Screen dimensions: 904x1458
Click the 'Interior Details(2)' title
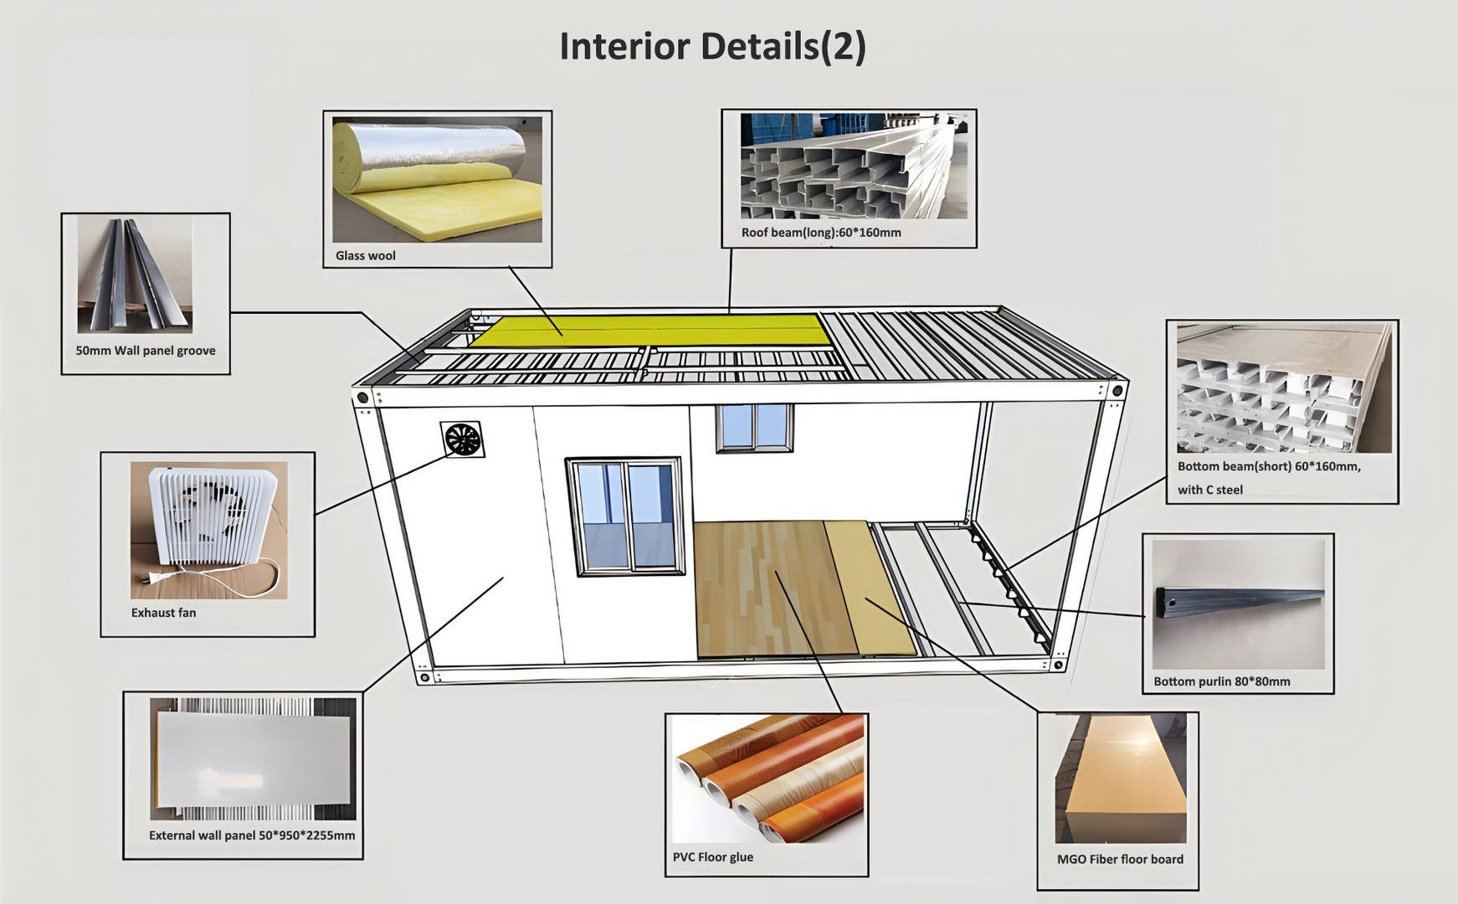click(712, 46)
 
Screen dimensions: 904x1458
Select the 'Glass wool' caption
click(365, 255)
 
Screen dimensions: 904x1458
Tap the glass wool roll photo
click(437, 179)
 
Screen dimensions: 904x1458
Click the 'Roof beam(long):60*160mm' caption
click(821, 232)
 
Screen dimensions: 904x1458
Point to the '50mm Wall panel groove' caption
click(146, 350)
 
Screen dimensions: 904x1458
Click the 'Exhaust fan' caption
click(163, 612)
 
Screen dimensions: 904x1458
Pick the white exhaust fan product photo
click(208, 529)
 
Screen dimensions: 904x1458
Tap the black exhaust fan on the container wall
click(462, 439)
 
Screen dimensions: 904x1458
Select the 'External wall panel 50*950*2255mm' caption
click(252, 835)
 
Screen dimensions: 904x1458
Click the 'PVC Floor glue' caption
click(712, 856)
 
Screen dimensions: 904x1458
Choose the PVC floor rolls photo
click(768, 778)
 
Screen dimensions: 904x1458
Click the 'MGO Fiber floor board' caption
click(1120, 859)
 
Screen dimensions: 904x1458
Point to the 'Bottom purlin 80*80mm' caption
click(1221, 681)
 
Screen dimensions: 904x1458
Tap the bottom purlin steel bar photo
click(1238, 604)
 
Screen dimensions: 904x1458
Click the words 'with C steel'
click(1209, 490)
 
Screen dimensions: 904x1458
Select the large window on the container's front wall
click(625, 516)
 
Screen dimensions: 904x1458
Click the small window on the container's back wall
click(754, 427)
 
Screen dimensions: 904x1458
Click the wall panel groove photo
click(135, 275)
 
